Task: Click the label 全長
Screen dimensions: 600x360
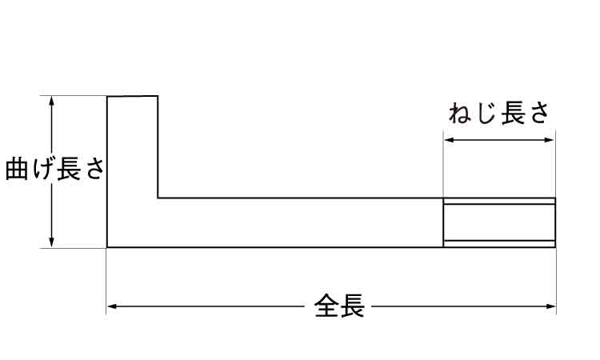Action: (x=339, y=306)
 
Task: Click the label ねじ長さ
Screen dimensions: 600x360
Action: (x=499, y=113)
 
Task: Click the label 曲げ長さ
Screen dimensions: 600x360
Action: (x=54, y=168)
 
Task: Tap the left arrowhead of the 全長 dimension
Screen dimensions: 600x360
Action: (x=112, y=306)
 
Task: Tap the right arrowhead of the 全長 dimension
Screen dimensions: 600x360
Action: (x=551, y=306)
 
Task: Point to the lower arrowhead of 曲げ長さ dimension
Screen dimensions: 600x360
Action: (x=52, y=242)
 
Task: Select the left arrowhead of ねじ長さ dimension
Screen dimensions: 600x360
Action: (x=449, y=140)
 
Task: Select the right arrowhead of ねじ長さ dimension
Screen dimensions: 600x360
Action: (x=550, y=140)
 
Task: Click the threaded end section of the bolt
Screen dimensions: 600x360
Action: (x=499, y=222)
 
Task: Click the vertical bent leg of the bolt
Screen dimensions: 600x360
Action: (x=132, y=171)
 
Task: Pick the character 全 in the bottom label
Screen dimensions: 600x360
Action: (x=326, y=306)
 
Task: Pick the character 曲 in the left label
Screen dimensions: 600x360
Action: (x=17, y=168)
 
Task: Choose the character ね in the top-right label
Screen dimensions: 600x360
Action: (x=460, y=114)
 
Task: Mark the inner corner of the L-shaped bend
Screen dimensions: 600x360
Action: (x=158, y=198)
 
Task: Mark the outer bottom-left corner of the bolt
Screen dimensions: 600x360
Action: (x=107, y=247)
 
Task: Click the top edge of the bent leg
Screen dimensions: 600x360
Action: (x=132, y=96)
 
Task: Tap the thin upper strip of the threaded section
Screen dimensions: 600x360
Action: (x=499, y=202)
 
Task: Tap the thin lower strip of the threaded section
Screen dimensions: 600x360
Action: (x=499, y=244)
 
